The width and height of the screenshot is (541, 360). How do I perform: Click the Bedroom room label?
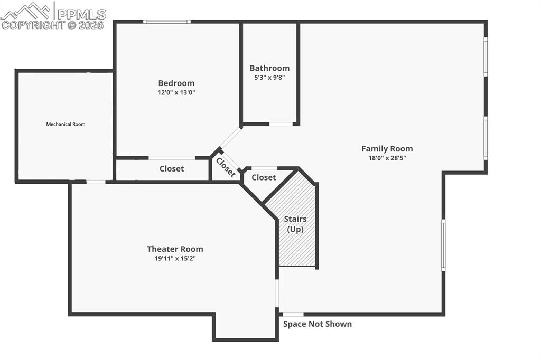click(176, 83)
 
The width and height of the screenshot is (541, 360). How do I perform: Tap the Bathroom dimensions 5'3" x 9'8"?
click(269, 78)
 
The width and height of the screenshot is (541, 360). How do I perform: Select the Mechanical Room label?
click(66, 125)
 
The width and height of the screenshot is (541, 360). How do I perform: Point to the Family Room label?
click(387, 149)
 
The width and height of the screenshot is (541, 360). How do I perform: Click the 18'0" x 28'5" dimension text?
click(387, 158)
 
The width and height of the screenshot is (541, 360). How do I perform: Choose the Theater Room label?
click(175, 249)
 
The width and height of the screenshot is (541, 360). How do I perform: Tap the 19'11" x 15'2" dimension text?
click(175, 258)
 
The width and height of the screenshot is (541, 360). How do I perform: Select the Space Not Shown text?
click(317, 324)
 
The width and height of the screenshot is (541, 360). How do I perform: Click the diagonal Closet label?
click(226, 168)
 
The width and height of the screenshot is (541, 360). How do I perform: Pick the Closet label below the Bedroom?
click(172, 169)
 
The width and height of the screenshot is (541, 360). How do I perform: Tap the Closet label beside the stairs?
click(264, 178)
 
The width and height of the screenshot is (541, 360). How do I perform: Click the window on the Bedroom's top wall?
click(167, 22)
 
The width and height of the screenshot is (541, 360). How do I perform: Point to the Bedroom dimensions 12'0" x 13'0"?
click(176, 92)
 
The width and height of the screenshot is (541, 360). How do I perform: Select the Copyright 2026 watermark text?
click(53, 25)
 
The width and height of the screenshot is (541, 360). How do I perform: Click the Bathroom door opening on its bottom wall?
click(281, 124)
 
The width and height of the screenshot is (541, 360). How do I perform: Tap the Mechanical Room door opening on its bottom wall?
click(96, 182)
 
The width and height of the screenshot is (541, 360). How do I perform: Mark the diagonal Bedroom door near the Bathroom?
click(230, 137)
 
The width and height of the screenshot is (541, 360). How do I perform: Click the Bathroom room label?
click(269, 68)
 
